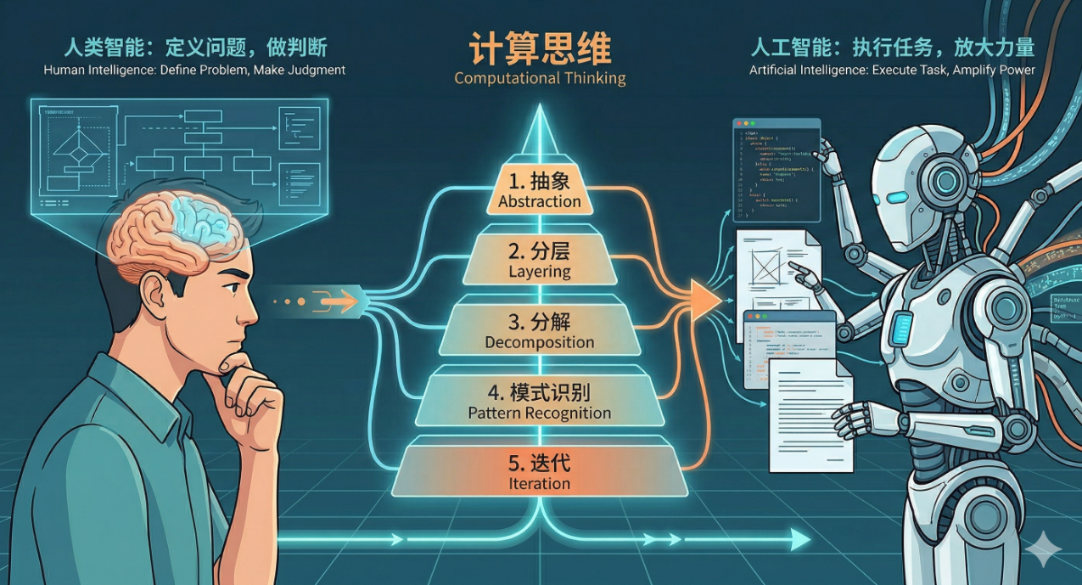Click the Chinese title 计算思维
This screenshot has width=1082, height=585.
[x=540, y=48]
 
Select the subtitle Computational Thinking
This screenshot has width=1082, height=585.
[x=540, y=78]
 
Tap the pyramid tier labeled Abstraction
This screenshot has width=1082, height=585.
[x=540, y=192]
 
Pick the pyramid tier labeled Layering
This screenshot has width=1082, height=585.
[x=540, y=262]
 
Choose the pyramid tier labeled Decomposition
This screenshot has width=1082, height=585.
[x=540, y=332]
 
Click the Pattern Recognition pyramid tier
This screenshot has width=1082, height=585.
[x=540, y=402]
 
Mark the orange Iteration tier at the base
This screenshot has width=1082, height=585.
[x=540, y=473]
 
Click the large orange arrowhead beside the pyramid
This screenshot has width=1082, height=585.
[x=704, y=300]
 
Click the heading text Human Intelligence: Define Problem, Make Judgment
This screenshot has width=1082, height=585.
[x=194, y=70]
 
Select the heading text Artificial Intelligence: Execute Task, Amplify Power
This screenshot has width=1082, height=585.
[x=892, y=70]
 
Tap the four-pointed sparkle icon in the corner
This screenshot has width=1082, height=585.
[x=1042, y=551]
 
